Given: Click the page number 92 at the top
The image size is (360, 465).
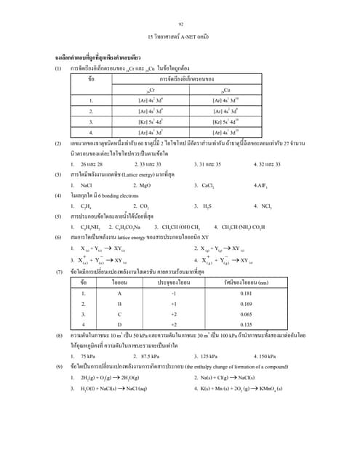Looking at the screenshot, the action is pyautogui.click(x=180, y=25).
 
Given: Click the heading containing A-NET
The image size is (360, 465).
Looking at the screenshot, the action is pyautogui.click(x=180, y=35).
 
